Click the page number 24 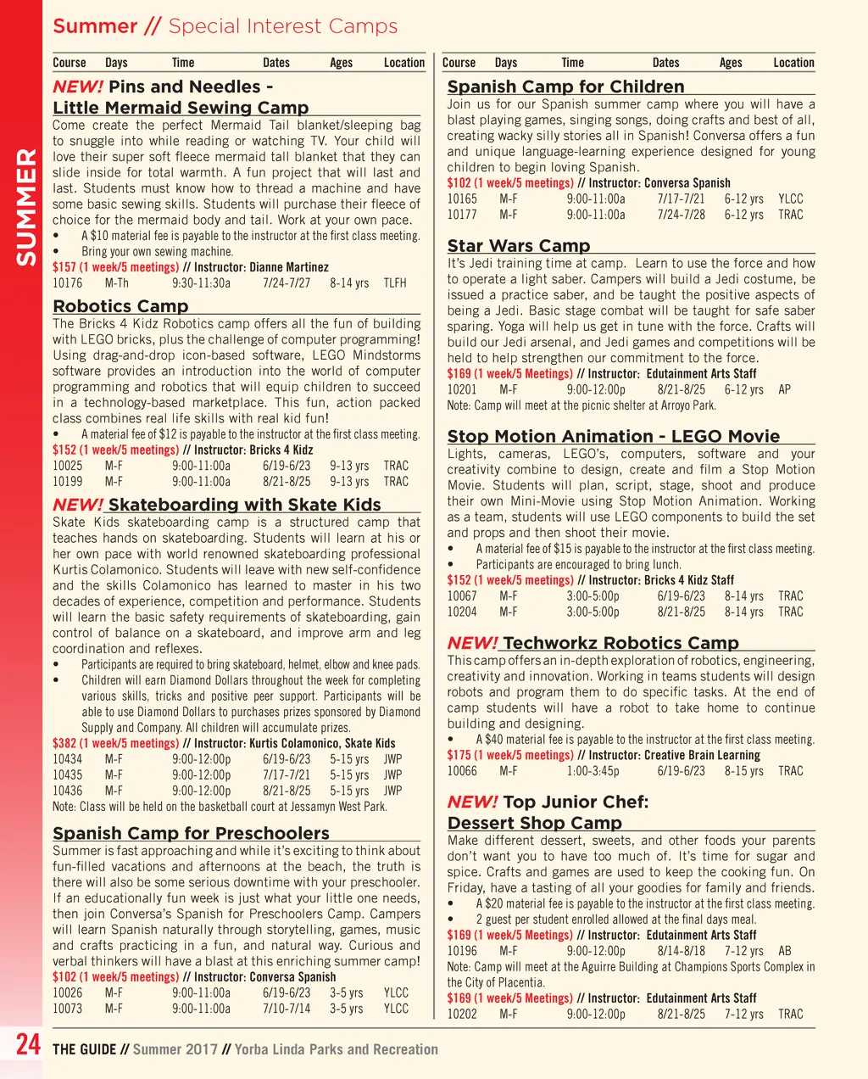point(28,1044)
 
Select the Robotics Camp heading point(120,306)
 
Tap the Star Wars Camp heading point(518,246)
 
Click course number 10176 point(68,283)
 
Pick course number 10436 point(68,791)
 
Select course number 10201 point(462,389)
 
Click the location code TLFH point(395,283)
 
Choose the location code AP point(784,389)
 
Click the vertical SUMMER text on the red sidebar point(26,207)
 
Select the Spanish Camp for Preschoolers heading point(191,833)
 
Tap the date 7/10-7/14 point(287,1009)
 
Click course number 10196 point(462,951)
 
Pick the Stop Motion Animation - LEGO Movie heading point(613,436)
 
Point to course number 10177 point(462,215)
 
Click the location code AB point(785,951)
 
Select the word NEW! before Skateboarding point(78,505)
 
